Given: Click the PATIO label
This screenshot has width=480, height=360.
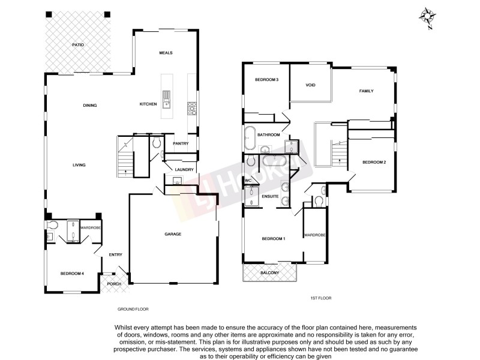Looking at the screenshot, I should [77, 45].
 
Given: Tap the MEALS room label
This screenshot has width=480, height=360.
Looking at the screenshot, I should [166, 53].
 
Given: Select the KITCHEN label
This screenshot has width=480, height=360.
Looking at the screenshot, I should [148, 104].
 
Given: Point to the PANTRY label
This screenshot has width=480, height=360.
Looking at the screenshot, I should [181, 143].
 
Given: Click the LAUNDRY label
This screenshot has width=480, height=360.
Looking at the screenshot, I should [184, 170].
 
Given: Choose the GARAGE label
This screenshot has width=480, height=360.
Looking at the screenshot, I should [173, 234].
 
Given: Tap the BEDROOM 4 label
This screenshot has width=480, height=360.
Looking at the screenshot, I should [72, 274].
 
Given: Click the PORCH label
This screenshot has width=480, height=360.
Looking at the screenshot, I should [114, 284].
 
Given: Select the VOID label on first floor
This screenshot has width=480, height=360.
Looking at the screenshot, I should [310, 85].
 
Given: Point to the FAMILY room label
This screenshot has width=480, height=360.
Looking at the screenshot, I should [366, 91].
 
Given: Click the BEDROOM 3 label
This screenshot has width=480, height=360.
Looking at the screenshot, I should [266, 80].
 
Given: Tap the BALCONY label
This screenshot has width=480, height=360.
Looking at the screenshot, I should [269, 274].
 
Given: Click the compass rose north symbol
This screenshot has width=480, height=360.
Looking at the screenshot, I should [428, 16].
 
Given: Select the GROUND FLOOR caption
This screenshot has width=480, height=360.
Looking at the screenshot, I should [133, 309].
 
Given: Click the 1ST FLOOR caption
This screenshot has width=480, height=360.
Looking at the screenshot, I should [321, 298].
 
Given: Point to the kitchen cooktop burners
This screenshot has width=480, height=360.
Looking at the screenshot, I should [193, 108].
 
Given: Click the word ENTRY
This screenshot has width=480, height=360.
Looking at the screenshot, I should [116, 255].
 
